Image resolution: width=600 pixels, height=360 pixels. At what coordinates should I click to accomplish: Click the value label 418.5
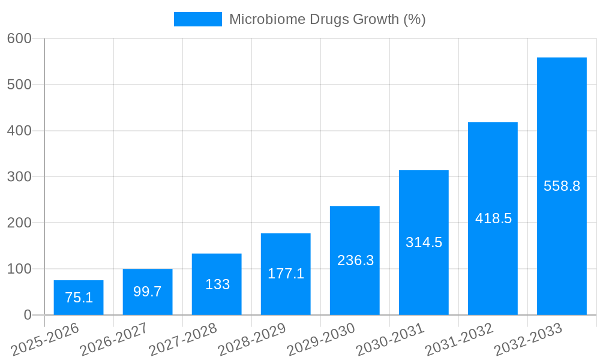493,218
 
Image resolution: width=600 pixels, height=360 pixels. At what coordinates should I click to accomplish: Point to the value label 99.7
148,292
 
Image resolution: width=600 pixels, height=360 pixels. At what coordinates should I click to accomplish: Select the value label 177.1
286,274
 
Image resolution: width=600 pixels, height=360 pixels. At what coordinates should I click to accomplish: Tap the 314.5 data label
424,242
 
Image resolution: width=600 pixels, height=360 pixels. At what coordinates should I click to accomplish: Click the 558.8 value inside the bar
562,186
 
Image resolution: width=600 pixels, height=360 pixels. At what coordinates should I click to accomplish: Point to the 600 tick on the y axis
19,38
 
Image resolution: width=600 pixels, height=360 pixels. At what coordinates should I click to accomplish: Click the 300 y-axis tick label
19,176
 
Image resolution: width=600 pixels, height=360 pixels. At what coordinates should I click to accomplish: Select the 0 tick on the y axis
28,315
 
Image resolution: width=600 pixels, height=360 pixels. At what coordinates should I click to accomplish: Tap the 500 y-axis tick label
19,85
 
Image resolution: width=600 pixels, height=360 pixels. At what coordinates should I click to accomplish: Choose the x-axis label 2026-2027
114,339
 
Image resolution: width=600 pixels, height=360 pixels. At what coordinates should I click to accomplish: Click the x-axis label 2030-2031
390,339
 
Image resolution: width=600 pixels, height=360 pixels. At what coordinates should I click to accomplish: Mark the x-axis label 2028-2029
252,339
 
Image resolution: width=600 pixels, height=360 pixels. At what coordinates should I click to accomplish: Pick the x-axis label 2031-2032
459,339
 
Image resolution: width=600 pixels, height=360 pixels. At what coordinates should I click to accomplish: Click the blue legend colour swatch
197,19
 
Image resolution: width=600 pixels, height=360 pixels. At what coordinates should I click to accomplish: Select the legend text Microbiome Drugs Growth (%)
327,19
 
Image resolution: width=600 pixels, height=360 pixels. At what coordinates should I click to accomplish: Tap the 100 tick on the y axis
19,269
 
